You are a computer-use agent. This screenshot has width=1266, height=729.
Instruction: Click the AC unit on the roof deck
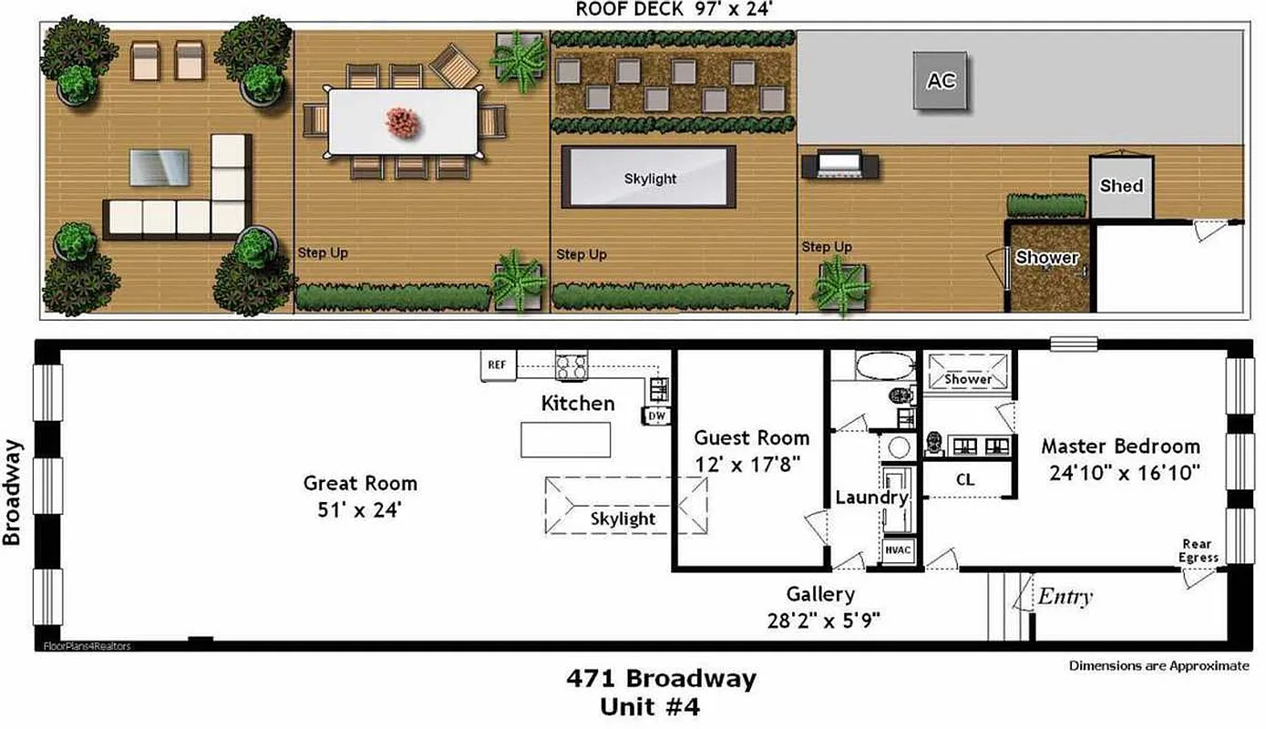942,81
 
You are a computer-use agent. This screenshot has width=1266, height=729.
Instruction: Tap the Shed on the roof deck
1121,186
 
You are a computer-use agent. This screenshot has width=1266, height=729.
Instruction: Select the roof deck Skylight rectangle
649,178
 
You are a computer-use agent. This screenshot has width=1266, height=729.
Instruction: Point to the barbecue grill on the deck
840,166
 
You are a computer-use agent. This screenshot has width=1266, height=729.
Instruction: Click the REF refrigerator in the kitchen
498,365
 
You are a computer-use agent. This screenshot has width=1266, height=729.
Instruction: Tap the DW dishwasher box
656,416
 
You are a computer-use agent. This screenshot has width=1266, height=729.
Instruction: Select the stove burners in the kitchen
571,366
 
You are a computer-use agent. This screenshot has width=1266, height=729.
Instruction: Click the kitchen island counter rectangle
565,440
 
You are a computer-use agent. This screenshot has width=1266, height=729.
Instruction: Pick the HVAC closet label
898,551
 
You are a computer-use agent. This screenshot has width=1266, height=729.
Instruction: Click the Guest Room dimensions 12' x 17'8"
747,463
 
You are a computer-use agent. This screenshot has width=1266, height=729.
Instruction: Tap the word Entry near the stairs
1065,598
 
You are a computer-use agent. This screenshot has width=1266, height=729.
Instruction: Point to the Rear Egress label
1199,551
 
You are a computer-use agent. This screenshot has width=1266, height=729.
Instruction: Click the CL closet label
966,478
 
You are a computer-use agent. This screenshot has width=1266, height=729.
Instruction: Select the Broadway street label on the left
12,492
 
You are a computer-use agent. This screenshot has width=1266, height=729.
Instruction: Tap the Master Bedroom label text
1120,447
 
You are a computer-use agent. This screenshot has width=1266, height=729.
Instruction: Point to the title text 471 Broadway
661,679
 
